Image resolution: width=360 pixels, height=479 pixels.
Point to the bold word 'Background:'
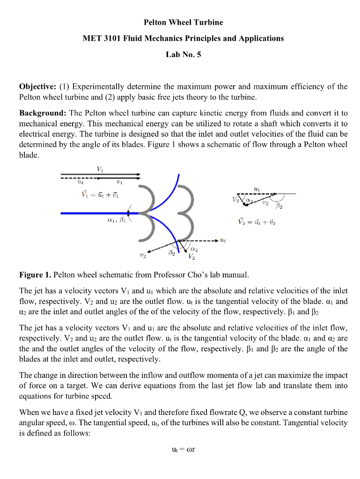click(x=43, y=114)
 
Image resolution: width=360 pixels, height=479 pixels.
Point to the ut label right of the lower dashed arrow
click(x=224, y=241)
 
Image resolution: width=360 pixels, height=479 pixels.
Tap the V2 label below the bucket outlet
click(x=191, y=256)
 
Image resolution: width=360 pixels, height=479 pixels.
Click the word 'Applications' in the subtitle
click(x=263, y=38)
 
